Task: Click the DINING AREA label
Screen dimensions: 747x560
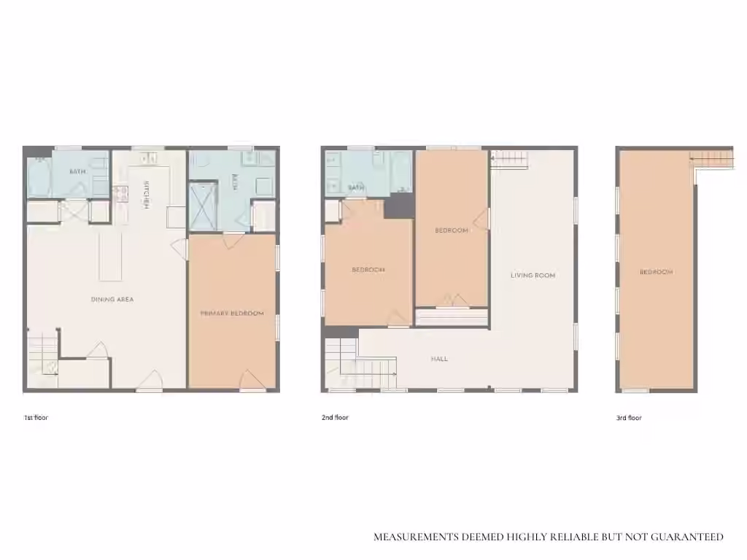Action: [x=112, y=300]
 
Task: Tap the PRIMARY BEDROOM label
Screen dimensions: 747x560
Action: [x=232, y=314]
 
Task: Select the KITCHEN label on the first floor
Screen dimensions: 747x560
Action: [x=147, y=195]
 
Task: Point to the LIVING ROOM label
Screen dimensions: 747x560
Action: [x=533, y=275]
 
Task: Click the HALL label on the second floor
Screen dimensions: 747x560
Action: [x=439, y=359]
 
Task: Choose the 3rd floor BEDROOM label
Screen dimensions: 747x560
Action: [x=656, y=272]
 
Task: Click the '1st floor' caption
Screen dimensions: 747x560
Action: [x=36, y=418]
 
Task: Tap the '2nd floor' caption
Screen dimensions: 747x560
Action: [x=335, y=418]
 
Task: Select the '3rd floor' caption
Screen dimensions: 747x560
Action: [x=629, y=418]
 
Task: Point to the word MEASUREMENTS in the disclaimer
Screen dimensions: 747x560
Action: [x=417, y=537]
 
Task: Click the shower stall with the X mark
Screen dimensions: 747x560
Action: [x=203, y=206]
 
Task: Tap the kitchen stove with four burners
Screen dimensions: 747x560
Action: [x=120, y=194]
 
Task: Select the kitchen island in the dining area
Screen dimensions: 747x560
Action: [x=111, y=257]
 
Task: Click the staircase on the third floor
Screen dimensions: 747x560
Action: [x=712, y=158]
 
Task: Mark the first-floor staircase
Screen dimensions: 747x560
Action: [x=42, y=355]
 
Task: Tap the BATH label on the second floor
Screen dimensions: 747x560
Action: [x=356, y=187]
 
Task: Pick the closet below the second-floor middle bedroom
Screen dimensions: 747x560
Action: [x=452, y=317]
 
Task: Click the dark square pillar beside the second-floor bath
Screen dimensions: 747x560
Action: [x=399, y=206]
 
